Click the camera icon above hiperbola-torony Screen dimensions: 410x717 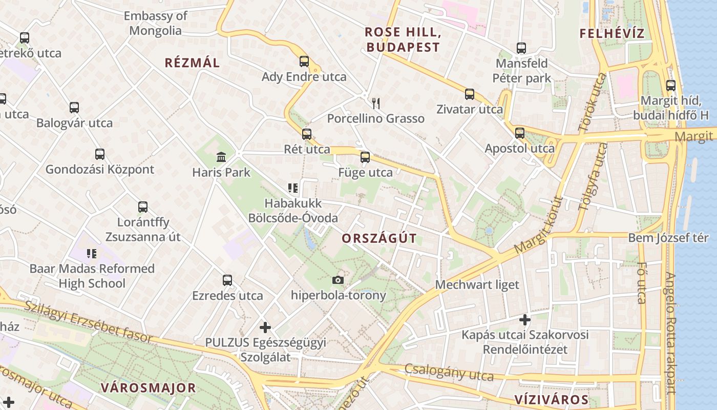(x=338, y=280)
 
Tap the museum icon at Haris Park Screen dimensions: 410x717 (x=221, y=157)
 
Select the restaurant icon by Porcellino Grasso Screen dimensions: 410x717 (x=376, y=104)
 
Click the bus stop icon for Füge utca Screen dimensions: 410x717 (x=365, y=157)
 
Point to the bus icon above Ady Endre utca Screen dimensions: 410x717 (x=304, y=61)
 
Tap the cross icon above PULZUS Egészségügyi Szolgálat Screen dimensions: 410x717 (x=265, y=327)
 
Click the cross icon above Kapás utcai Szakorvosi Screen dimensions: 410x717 (x=525, y=320)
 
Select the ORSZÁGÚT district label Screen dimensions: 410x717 (x=379, y=238)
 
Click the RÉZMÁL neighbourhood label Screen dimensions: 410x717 (x=192, y=63)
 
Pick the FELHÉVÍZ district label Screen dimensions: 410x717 (x=611, y=34)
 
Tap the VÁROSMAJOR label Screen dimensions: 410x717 (x=148, y=387)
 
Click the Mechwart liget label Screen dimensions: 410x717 (x=477, y=285)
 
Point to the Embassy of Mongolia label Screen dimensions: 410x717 (x=155, y=23)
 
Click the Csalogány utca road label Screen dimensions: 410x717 (x=449, y=373)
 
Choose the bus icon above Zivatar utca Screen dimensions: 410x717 (x=470, y=94)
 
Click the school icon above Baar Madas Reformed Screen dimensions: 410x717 (x=92, y=253)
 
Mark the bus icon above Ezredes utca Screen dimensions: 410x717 (x=227, y=280)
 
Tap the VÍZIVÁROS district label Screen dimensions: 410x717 (x=551, y=400)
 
